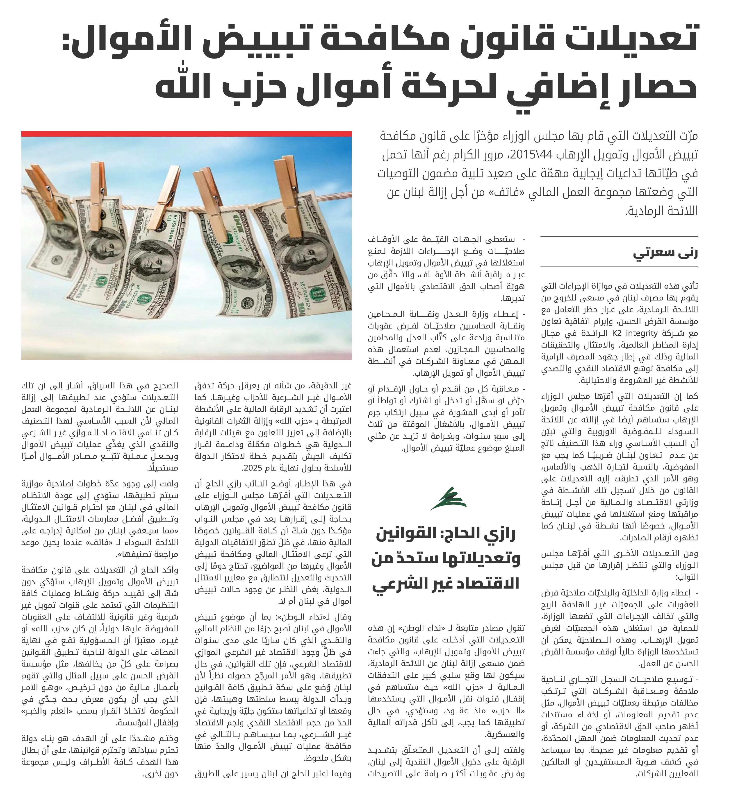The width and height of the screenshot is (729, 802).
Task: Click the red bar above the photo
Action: point(186,134)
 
